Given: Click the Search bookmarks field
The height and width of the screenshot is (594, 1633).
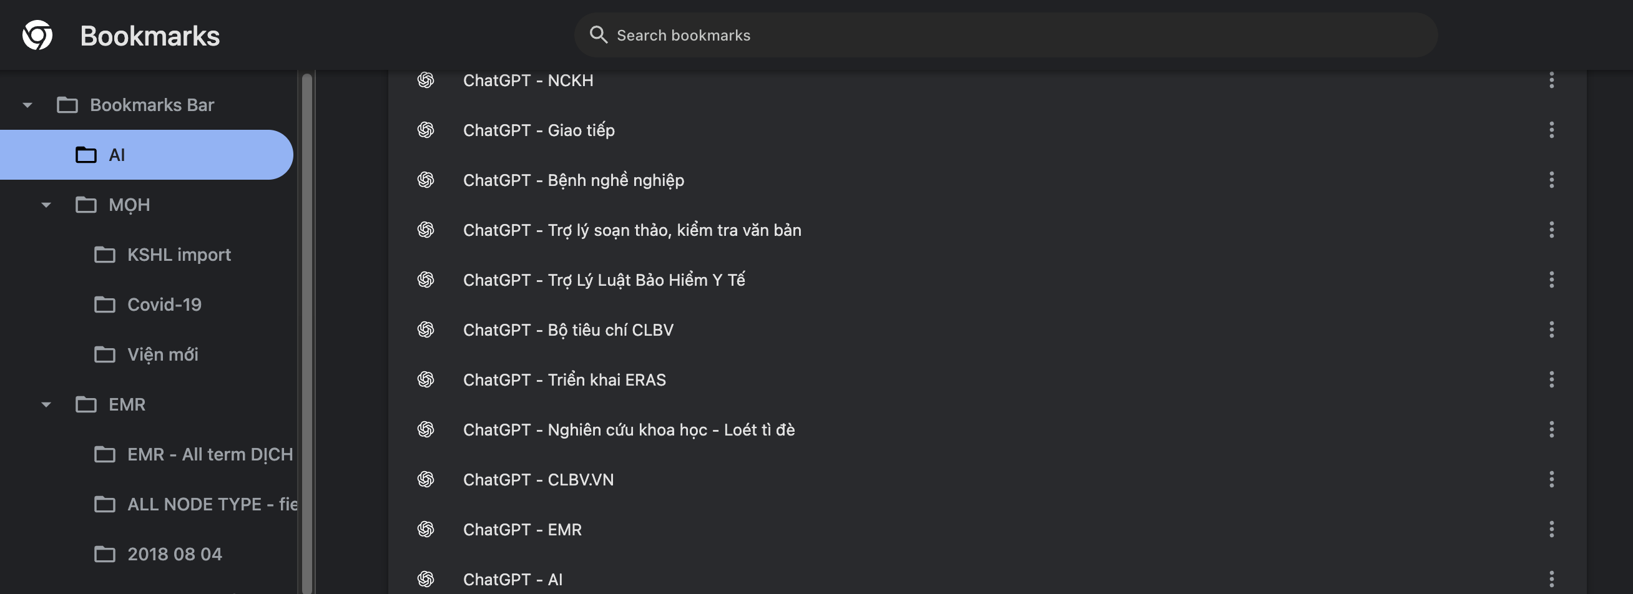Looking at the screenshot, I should pos(1004,36).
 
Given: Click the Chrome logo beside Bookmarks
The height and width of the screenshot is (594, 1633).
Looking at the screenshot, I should pos(37,36).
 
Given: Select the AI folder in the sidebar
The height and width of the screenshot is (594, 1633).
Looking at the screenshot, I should pos(117,155).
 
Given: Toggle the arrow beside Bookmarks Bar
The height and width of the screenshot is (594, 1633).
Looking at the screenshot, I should pos(27,105).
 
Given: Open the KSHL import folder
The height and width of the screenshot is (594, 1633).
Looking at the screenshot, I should pos(178,255).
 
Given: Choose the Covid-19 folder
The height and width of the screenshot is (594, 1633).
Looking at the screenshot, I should pos(164,305).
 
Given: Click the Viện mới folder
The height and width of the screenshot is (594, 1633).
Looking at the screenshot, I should pos(162,355).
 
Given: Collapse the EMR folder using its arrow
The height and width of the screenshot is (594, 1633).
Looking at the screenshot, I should pos(46,404).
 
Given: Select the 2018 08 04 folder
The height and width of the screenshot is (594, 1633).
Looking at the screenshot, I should pos(174,555).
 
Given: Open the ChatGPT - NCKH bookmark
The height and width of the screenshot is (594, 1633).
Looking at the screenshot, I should pos(527,80).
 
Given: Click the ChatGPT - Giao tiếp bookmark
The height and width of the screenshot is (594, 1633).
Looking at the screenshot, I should pos(538,130).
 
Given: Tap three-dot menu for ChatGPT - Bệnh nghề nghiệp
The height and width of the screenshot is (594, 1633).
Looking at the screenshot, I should pos(1551,180).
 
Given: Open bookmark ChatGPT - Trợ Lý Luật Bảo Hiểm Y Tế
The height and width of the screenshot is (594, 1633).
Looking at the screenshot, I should pos(604,280).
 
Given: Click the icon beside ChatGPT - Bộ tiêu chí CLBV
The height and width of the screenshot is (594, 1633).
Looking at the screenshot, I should pos(425,329).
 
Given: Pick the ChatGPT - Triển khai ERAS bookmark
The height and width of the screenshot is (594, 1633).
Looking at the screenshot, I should pos(564,380).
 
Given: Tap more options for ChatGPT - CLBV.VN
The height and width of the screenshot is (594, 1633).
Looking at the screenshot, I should pos(1551,479).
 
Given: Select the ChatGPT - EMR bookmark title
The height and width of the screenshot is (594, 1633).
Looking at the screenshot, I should pos(522,529).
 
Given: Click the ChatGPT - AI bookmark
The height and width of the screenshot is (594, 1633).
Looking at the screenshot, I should pos(512,580).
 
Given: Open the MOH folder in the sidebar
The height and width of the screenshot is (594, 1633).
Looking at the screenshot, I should pos(129,205).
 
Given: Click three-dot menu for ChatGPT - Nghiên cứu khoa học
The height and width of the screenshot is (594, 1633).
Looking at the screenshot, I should pos(1551,430).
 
